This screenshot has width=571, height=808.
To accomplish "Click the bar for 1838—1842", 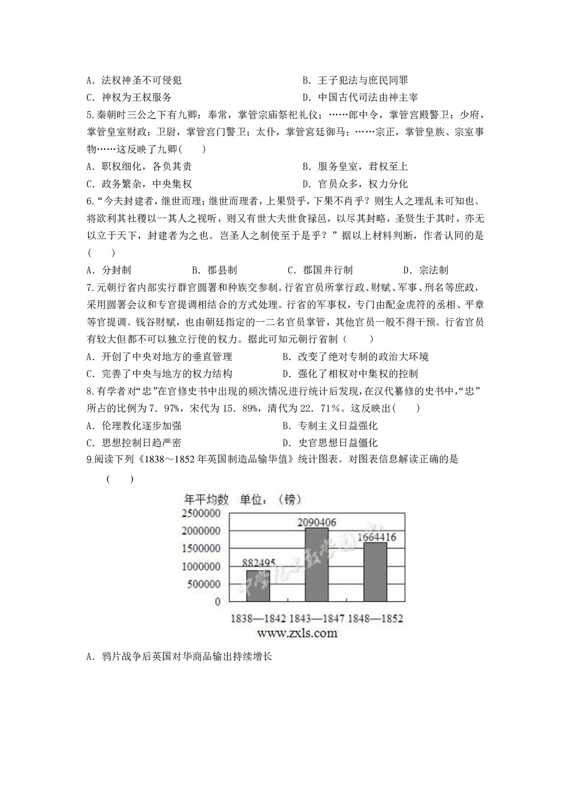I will click(258, 586).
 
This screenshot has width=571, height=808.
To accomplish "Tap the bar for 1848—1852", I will click(375, 572).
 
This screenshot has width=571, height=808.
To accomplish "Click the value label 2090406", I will click(316, 522).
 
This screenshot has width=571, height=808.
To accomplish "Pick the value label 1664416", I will click(376, 537).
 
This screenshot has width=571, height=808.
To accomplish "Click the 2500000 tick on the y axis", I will click(201, 513).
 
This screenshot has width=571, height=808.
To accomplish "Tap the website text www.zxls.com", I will click(297, 633).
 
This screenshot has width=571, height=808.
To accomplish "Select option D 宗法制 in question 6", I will click(425, 270).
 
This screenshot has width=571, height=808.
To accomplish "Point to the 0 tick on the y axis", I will click(218, 602).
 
